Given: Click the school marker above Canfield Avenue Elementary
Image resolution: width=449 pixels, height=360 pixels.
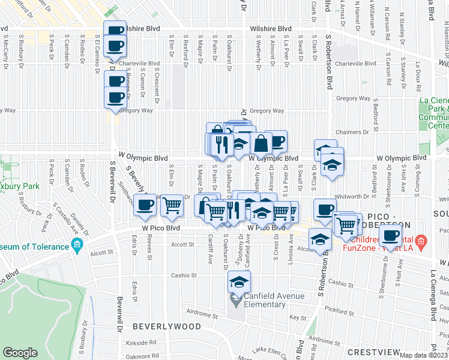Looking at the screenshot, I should click(239, 282).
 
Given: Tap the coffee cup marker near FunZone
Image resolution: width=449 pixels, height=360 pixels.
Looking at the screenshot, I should click(390, 236).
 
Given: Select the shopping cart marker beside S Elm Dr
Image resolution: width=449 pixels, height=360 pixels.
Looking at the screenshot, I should click(172, 206).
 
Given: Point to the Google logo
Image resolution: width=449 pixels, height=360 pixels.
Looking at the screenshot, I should click(20, 353).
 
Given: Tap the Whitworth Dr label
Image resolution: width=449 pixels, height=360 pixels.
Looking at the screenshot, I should click(351, 197).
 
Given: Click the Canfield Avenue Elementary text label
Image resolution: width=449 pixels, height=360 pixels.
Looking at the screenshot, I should click(265, 300).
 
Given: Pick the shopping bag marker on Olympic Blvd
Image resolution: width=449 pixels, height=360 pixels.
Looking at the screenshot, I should click(262, 144).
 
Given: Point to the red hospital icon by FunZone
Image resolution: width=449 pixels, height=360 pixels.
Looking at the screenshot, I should click(421, 242).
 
